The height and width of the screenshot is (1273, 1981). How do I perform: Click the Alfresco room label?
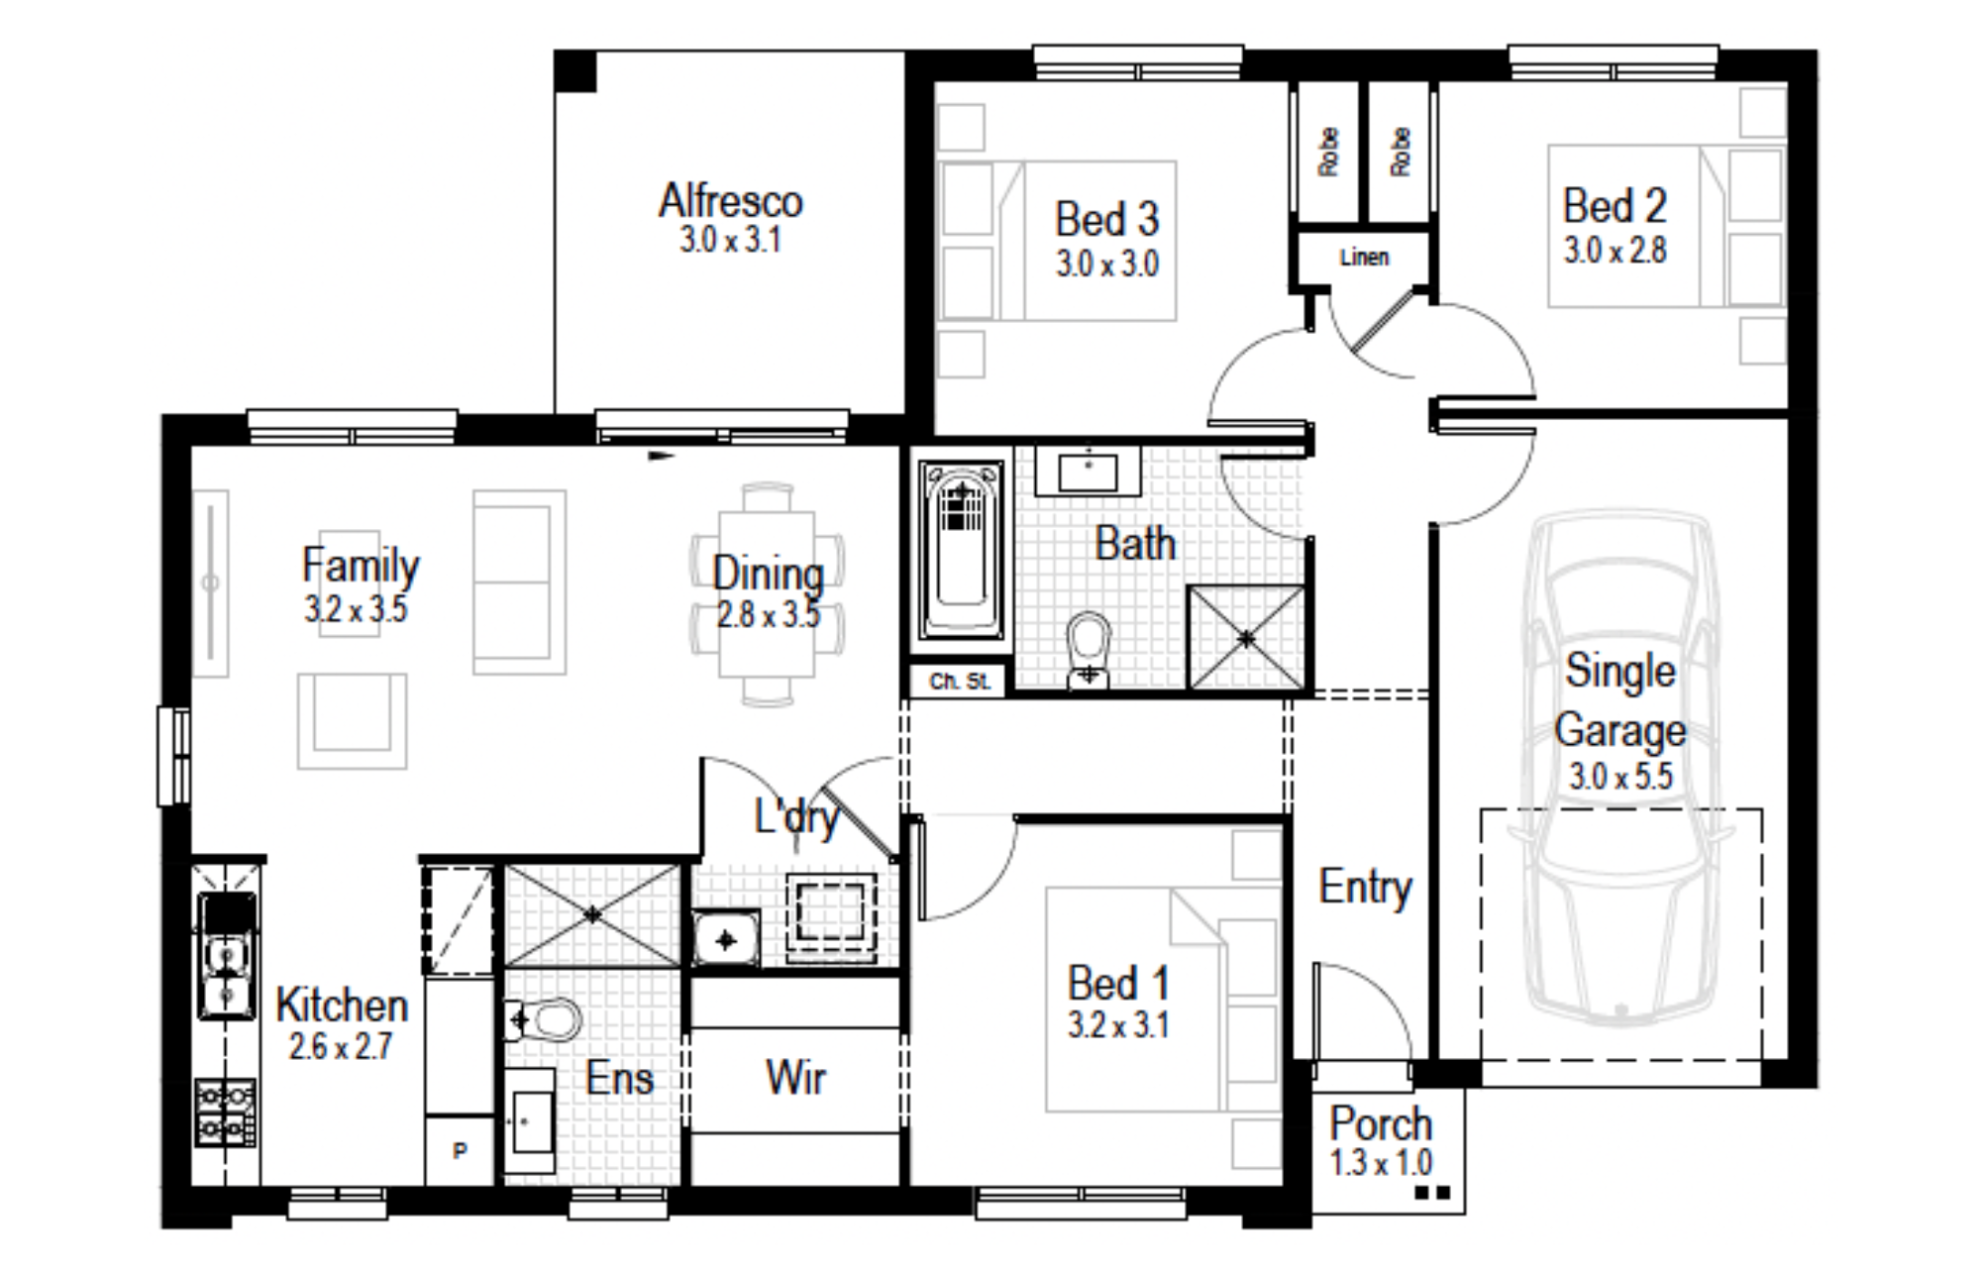[731, 200]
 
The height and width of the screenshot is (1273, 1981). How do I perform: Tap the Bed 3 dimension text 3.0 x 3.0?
[1107, 264]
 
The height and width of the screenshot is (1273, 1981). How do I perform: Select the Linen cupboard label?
[1364, 258]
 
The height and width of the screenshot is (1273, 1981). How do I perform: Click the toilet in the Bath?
[1090, 649]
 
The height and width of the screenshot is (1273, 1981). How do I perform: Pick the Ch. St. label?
[959, 682]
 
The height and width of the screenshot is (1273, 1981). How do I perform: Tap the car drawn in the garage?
[1621, 768]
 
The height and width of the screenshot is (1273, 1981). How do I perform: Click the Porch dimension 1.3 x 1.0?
[1381, 1162]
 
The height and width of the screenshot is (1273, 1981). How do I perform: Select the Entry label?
[1365, 887]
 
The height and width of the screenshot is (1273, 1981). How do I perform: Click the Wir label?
[795, 1077]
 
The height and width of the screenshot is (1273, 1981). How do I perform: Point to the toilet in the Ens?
[543, 1019]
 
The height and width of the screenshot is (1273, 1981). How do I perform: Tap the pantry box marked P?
[460, 1150]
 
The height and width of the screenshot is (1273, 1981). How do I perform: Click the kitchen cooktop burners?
[226, 1113]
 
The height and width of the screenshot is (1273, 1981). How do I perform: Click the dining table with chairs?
[768, 594]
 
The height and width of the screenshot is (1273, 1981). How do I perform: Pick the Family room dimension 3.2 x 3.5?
[356, 608]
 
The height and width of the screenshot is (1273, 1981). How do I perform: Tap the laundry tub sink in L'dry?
[726, 939]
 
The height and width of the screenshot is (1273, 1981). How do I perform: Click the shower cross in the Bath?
[1247, 638]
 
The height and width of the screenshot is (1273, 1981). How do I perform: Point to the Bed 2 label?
[1615, 206]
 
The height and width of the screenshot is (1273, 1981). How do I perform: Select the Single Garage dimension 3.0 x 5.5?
[1620, 776]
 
